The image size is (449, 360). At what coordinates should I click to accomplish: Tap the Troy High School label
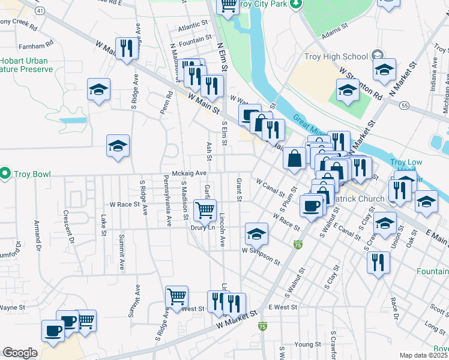click(x=338, y=57)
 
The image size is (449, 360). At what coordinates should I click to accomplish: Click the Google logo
click(x=20, y=353)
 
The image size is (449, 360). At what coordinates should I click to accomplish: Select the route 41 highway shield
click(x=40, y=11)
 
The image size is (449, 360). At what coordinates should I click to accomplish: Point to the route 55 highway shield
click(x=405, y=105)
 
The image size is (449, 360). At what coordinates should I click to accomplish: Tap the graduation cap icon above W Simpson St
click(x=256, y=233)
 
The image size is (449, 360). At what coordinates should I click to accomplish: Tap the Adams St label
click(x=335, y=31)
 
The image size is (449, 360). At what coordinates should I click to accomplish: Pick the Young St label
click(x=307, y=344)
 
